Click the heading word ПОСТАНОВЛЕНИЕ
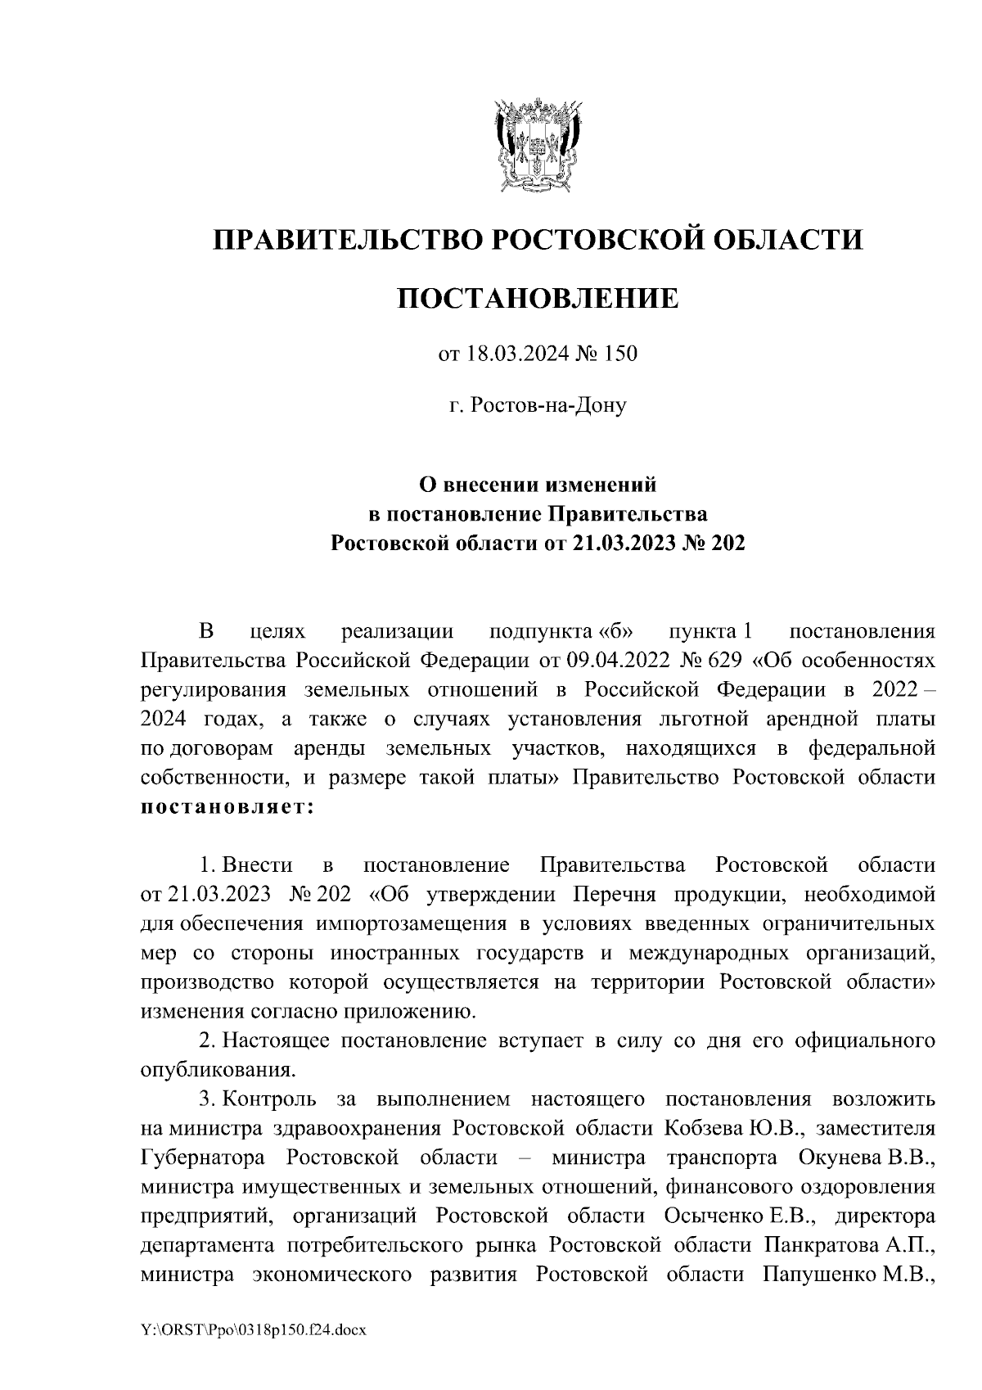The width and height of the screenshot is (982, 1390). point(538,299)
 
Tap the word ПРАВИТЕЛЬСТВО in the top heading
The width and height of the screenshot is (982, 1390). point(345,240)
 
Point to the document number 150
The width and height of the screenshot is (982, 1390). point(620,354)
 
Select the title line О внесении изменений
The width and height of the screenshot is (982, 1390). point(538,485)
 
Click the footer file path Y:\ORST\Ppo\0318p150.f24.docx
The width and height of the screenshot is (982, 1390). point(254,1331)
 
